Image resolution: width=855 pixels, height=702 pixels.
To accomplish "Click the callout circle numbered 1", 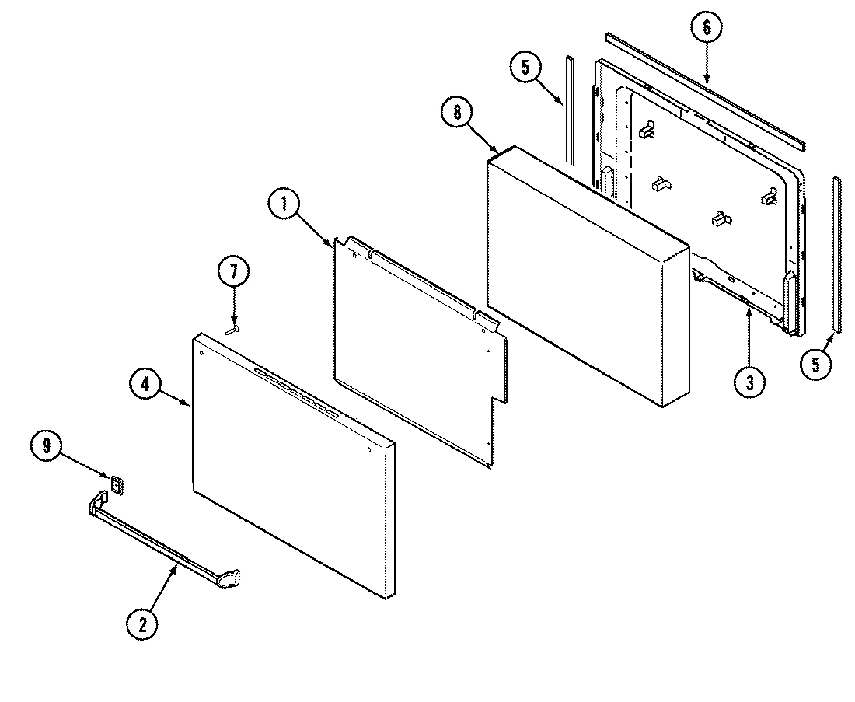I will click(284, 205).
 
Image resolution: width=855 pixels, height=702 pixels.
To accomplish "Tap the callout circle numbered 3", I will click(749, 383).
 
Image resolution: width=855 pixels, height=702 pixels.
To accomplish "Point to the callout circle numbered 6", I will click(706, 27).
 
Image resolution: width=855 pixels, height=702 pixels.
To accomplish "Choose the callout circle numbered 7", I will click(234, 272).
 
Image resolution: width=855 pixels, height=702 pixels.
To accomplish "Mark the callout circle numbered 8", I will click(458, 113).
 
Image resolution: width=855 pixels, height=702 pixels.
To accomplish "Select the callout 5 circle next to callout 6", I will click(526, 68).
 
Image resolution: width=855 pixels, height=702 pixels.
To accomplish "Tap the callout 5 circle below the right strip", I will click(815, 365).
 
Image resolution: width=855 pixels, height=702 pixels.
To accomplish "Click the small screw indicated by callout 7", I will click(232, 330).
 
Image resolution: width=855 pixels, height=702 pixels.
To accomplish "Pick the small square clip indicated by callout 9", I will click(117, 485).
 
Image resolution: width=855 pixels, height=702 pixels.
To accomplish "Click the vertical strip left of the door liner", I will click(571, 109).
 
